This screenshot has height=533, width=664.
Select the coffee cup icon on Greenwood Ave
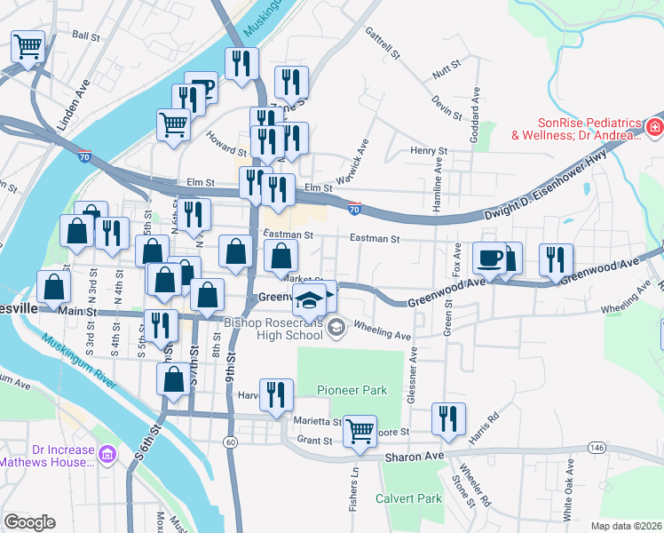pyautogui.click(x=489, y=259)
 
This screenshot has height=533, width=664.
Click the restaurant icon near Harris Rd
pyautogui.click(x=448, y=419)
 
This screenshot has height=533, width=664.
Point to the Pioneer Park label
pyautogui.click(x=352, y=390)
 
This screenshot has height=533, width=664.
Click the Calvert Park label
pyautogui.click(x=408, y=498)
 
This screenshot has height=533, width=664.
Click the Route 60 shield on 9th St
pyautogui.click(x=231, y=442)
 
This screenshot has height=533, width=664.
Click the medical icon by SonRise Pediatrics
pyautogui.click(x=654, y=129)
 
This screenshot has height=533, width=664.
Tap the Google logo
pyautogui.click(x=28, y=521)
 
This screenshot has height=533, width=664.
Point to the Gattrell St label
pyautogui.click(x=383, y=44)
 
